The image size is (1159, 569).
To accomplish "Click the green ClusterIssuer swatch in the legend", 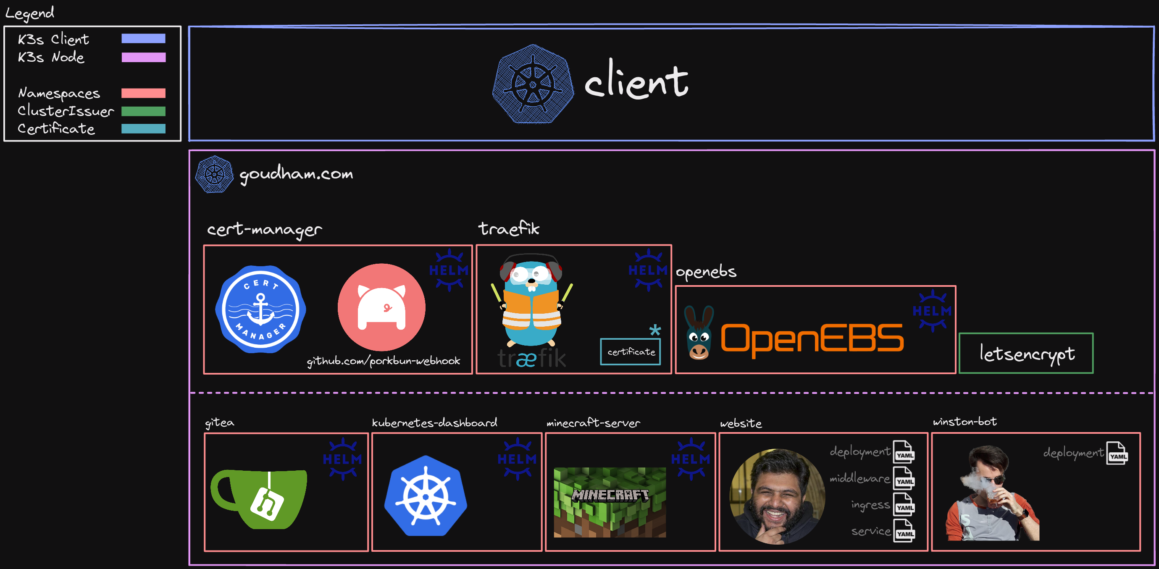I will [x=143, y=111].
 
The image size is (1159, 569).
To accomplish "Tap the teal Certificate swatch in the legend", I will [x=143, y=128].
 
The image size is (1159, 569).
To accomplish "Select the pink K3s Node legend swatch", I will [x=143, y=57].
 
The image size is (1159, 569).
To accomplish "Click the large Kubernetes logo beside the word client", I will [x=533, y=84].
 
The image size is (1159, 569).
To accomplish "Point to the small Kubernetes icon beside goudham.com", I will [x=214, y=175].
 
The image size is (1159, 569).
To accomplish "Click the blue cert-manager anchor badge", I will [x=260, y=309].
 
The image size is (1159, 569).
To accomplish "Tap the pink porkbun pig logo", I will [x=381, y=307].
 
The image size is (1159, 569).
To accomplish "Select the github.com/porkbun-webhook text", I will [x=384, y=361].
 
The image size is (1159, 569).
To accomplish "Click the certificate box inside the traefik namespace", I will [x=631, y=352].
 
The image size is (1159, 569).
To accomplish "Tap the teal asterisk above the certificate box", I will [x=655, y=330].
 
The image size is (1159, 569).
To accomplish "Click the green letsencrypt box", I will [x=1026, y=354].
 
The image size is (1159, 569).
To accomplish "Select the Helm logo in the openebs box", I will [x=932, y=311].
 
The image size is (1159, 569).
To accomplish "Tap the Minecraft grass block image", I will [x=610, y=502].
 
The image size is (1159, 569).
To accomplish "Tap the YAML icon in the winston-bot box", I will [x=1117, y=453].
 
